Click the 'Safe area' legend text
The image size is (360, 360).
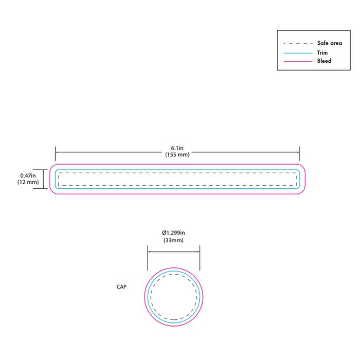pos(330,43)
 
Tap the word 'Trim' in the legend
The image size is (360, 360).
pos(322,53)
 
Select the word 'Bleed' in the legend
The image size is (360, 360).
pos(324,61)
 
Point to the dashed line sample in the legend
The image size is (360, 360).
pos(298,43)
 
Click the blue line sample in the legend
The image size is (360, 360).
pos(298,53)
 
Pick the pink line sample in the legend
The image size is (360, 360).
pos(298,61)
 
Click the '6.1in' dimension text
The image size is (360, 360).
pos(177,148)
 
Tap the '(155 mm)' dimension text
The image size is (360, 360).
pos(177,154)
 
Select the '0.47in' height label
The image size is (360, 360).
pos(28,176)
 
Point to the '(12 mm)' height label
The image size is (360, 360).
pos(28,182)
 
